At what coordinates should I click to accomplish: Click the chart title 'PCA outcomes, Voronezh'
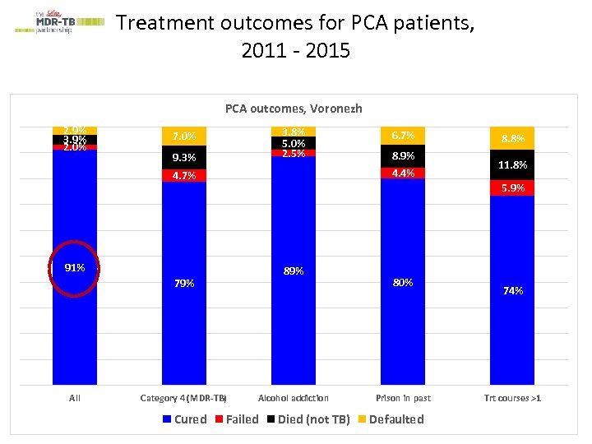coord(294,109)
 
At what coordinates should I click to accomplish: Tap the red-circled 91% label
coord(75,267)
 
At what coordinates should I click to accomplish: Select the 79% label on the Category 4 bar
coord(184,284)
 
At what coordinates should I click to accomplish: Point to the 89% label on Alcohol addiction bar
coord(294,271)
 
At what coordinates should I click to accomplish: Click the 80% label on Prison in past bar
coord(403,282)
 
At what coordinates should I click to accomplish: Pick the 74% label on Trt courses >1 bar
coord(512,290)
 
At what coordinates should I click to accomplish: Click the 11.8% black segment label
coord(512,165)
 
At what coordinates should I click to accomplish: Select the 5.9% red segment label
coord(512,188)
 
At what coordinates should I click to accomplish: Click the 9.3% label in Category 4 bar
coord(184,157)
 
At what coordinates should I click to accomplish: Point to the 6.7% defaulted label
coord(403,135)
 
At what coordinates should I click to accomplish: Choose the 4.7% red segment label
coord(184,175)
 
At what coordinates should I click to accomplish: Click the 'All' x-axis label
coord(75,398)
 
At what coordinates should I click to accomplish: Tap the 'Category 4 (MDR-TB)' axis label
coord(184,398)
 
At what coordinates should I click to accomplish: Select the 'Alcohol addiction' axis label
coord(294,398)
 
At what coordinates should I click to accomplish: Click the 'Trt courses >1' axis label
coord(512,398)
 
